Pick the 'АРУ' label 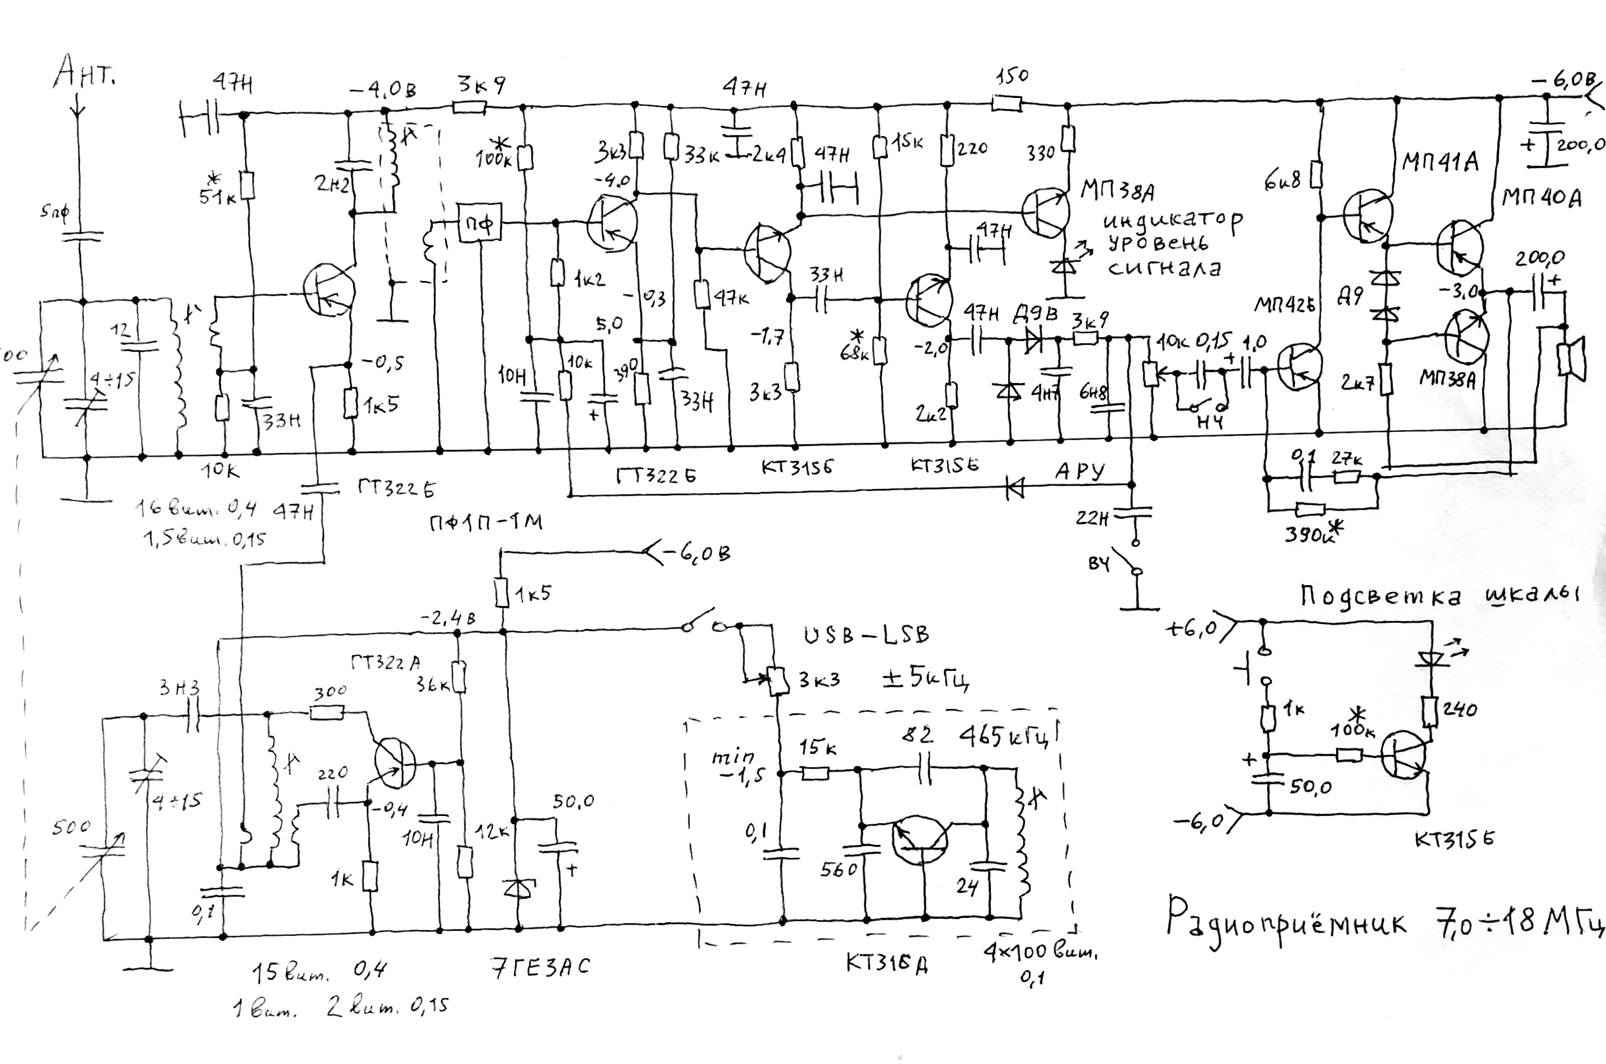tap(1079, 470)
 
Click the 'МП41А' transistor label tap(1439, 163)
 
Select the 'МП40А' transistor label tap(1541, 198)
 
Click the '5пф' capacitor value tap(54, 213)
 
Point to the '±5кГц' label tap(925, 679)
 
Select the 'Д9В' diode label tap(1035, 314)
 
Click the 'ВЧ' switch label tap(1099, 563)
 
